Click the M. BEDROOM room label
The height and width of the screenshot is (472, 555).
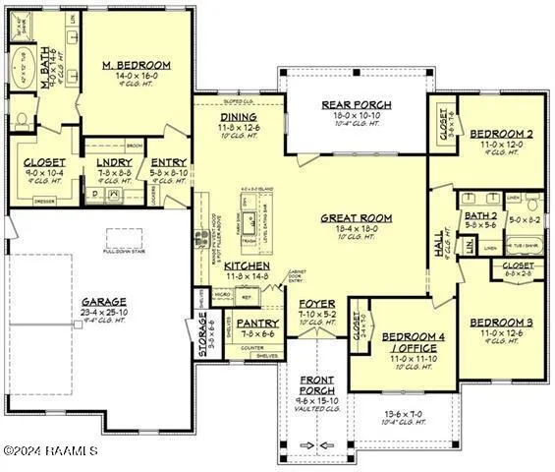[x=137, y=66]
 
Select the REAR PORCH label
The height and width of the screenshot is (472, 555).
[x=357, y=105]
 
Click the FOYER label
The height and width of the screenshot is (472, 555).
[x=316, y=304]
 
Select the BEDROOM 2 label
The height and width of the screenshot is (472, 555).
[x=500, y=134]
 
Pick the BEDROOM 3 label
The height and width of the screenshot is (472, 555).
[x=500, y=323]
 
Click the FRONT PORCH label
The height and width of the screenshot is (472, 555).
[x=316, y=380]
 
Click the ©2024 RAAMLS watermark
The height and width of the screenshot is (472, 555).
[x=51, y=451]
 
